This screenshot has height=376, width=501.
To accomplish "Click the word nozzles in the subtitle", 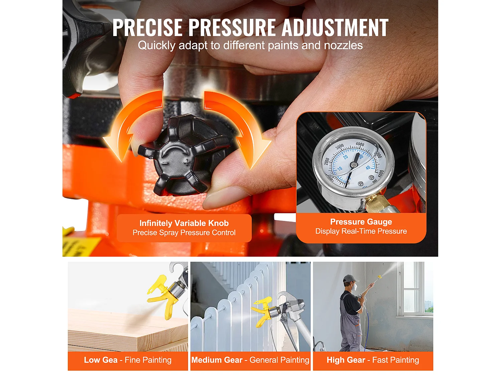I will coord(343,45).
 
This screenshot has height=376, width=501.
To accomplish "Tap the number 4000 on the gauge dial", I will coord(360,144).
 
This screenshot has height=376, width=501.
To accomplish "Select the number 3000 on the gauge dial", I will coord(339,147).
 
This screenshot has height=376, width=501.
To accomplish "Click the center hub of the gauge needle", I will coord(353,164).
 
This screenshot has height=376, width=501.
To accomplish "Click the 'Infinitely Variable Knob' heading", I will coord(184,223).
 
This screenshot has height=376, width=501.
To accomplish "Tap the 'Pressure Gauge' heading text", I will coord(361,222).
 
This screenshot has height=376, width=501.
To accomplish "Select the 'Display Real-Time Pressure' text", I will coord(361,231).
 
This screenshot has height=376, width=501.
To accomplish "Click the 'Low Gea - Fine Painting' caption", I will coord(128,360).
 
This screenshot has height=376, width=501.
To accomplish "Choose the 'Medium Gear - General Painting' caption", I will coord(250,360).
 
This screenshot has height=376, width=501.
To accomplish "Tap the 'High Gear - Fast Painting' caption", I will coord(373,360).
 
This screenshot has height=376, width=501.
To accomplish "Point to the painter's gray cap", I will coord(349,278).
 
